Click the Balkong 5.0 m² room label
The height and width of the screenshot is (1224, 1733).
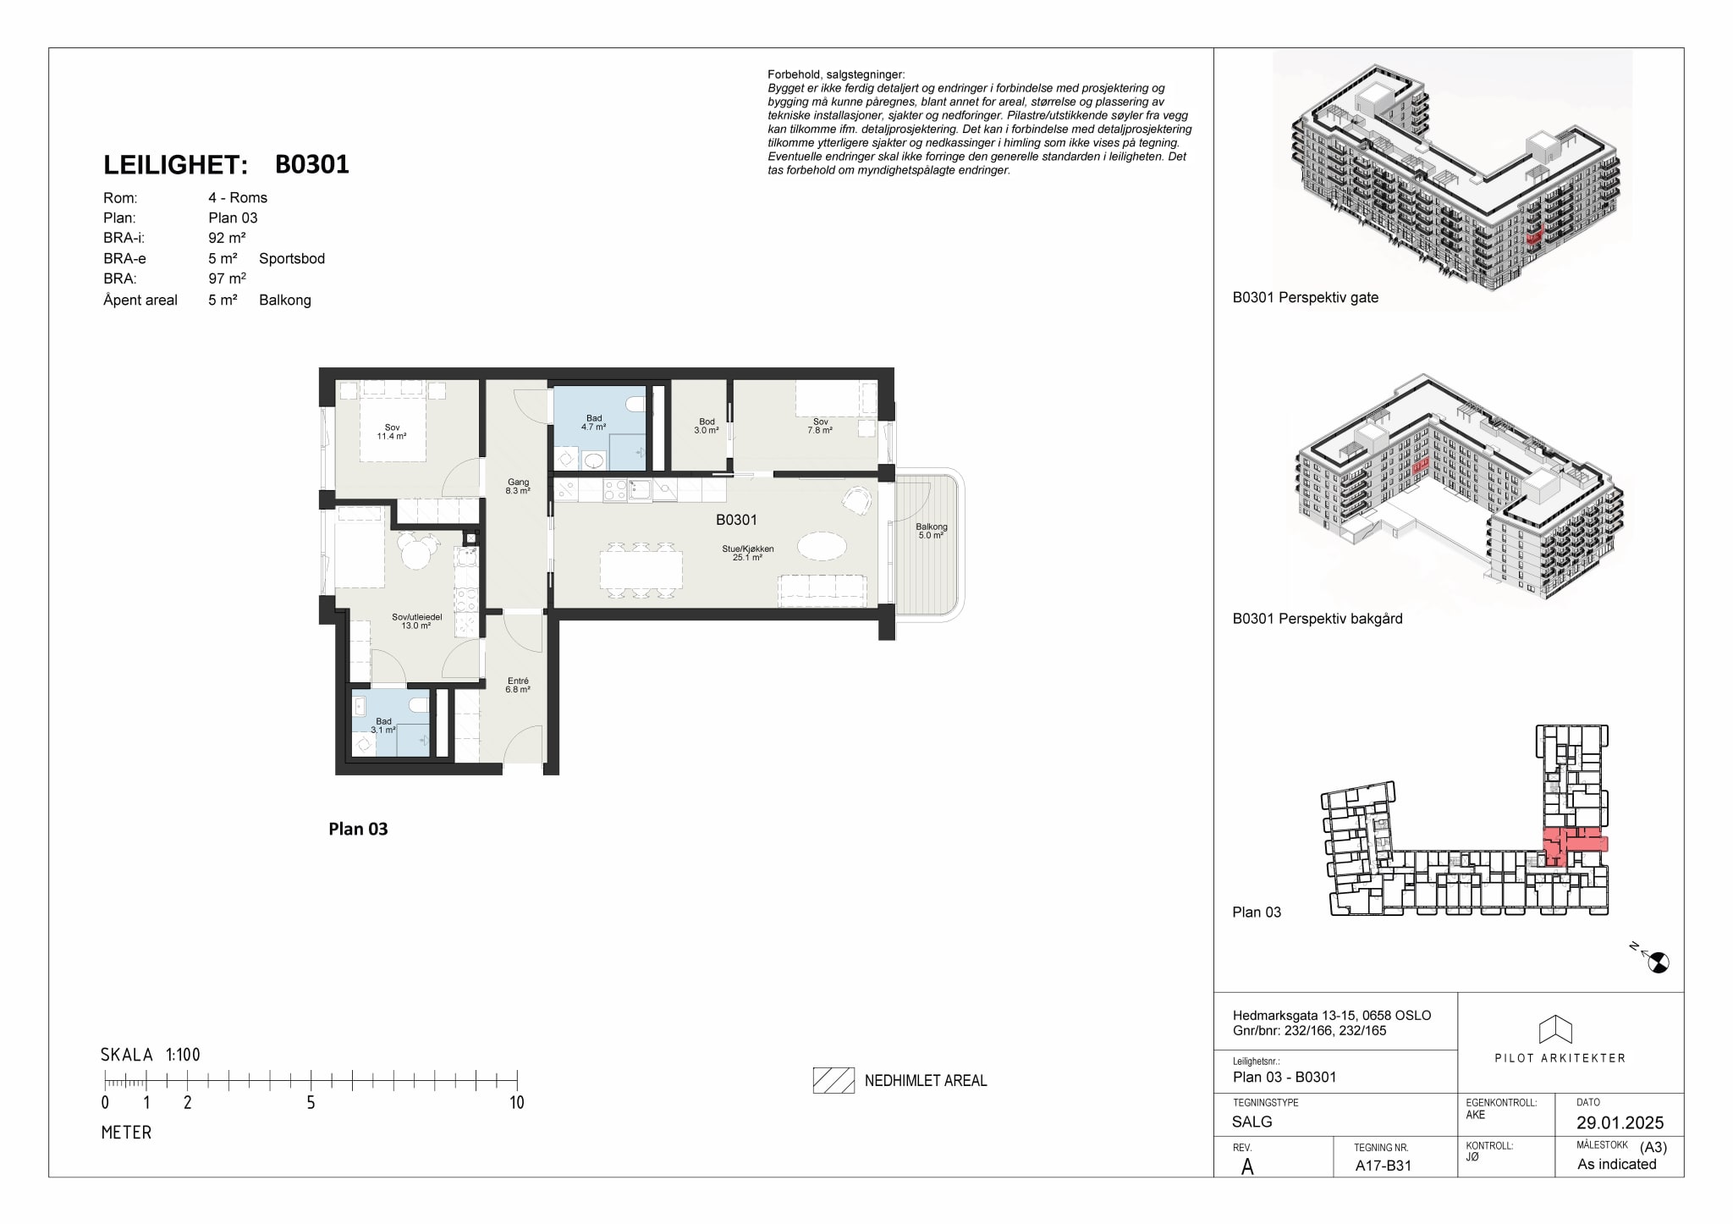click(x=931, y=531)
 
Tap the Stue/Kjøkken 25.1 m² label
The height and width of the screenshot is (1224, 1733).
click(x=747, y=553)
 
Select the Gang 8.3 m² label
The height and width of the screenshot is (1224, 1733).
click(x=518, y=486)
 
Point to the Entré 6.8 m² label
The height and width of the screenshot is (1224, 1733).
click(x=518, y=685)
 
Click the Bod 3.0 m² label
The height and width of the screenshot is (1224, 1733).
click(x=707, y=426)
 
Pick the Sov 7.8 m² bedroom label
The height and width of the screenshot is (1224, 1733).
click(x=820, y=426)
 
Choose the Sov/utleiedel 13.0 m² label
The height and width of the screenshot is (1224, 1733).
click(x=416, y=621)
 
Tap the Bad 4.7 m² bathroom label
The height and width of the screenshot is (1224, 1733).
click(x=594, y=422)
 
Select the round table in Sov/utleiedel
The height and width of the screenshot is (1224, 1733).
click(x=415, y=554)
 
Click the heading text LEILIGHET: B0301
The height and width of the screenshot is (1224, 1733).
click(x=226, y=164)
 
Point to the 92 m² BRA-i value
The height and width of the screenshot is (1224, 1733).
click(x=227, y=238)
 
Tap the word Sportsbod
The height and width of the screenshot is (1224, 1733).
click(x=292, y=258)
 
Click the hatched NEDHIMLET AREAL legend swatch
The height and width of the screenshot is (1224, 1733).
click(x=833, y=1080)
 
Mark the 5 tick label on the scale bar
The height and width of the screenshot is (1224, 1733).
click(x=311, y=1102)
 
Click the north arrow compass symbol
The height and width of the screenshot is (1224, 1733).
click(x=1657, y=961)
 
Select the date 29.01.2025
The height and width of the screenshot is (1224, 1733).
click(x=1620, y=1122)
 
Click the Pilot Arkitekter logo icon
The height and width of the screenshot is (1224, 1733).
click(x=1555, y=1029)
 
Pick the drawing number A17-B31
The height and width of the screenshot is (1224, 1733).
click(x=1384, y=1165)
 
